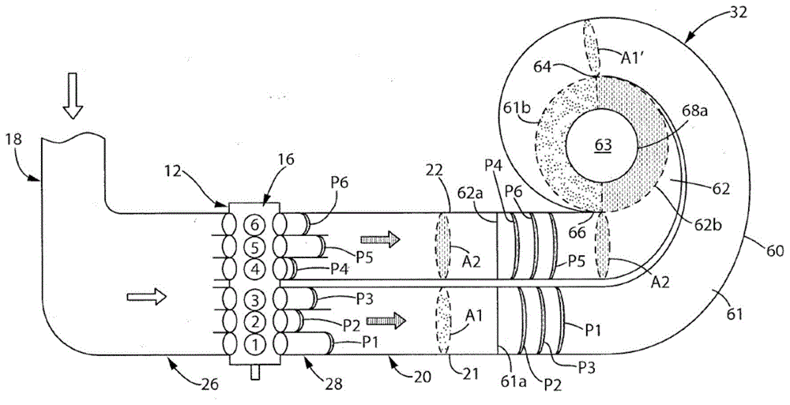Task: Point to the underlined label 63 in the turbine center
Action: (604, 144)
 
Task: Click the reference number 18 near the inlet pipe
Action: (14, 139)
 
